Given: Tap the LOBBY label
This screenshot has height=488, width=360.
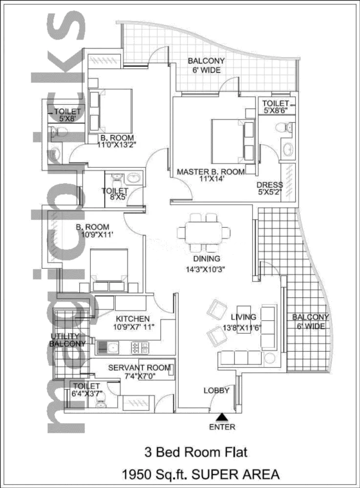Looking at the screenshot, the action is pyautogui.click(x=216, y=390).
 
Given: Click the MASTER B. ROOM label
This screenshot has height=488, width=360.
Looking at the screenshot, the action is pyautogui.click(x=211, y=171).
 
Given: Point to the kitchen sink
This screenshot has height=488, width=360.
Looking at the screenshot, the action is pyautogui.click(x=108, y=347).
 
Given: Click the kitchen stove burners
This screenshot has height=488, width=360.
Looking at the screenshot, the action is pyautogui.click(x=140, y=347).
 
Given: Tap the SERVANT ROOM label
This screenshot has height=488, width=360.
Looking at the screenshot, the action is pyautogui.click(x=140, y=367).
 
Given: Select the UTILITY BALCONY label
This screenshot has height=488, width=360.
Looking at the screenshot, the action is pyautogui.click(x=67, y=340).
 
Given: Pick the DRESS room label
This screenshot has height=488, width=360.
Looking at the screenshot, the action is pyautogui.click(x=270, y=184).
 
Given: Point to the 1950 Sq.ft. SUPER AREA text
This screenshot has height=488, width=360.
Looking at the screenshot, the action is pyautogui.click(x=201, y=474).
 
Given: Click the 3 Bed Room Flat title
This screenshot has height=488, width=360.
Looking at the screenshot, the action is pyautogui.click(x=196, y=452).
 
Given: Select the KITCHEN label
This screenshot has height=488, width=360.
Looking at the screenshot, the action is pyautogui.click(x=133, y=319).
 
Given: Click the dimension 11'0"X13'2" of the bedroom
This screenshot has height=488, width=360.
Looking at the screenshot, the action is pyautogui.click(x=117, y=145).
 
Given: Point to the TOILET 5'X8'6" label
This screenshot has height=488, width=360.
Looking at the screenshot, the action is pyautogui.click(x=275, y=106).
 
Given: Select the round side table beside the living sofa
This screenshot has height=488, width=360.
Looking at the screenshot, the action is pyautogui.click(x=270, y=358).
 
